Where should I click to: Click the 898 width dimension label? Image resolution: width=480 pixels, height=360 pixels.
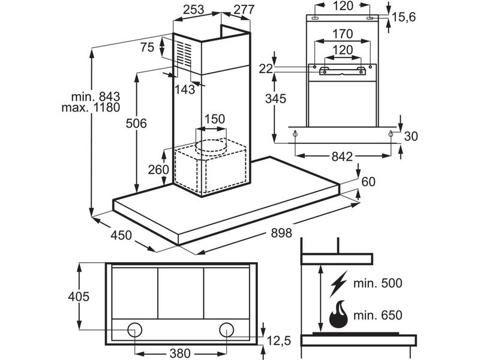pyautogui.click(x=281, y=233)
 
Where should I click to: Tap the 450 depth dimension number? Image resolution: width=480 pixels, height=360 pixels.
pyautogui.click(x=121, y=235)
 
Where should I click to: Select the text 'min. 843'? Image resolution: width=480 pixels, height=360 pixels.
pyautogui.click(x=95, y=97)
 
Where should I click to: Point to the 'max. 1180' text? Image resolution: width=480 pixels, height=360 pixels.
pyautogui.click(x=91, y=107)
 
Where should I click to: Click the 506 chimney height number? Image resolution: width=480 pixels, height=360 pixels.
pyautogui.click(x=136, y=124)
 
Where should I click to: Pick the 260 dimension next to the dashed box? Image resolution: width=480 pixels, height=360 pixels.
pyautogui.click(x=158, y=169)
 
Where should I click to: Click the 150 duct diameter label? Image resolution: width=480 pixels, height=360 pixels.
pyautogui.click(x=215, y=119)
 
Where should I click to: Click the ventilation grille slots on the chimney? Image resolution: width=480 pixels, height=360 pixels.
pyautogui.click(x=184, y=54)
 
